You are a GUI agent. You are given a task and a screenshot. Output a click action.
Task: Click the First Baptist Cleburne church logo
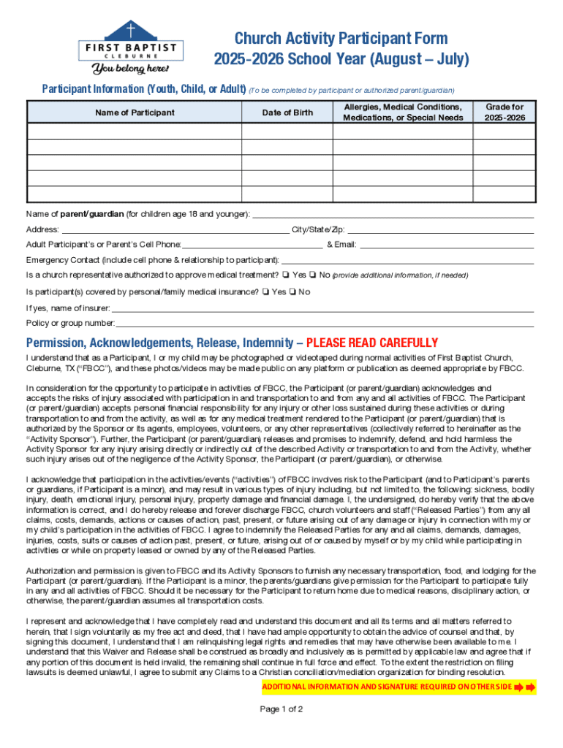132,40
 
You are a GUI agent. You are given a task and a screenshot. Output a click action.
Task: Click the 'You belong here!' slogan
130,69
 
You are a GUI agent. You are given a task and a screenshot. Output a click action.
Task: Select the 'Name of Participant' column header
135,112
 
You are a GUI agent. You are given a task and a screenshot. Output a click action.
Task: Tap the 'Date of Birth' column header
287,112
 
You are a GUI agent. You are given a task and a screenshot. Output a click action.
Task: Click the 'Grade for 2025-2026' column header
505,112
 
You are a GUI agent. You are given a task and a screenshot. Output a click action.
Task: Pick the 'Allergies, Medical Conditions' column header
403,112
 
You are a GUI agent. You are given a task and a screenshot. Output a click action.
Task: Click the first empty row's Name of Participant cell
135,131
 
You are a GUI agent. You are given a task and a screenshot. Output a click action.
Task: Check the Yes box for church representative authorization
284,275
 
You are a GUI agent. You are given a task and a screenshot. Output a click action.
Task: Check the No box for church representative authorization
311,275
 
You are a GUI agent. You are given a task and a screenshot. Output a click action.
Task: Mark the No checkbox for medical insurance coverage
291,292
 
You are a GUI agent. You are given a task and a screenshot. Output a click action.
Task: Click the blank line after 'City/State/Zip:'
440,229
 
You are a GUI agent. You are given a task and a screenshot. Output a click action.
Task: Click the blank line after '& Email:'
446,245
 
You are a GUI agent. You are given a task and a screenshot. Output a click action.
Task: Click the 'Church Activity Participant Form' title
341,39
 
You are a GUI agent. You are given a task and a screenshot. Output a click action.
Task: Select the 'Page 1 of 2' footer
281,709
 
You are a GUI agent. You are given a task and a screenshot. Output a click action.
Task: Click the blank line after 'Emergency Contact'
407,260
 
